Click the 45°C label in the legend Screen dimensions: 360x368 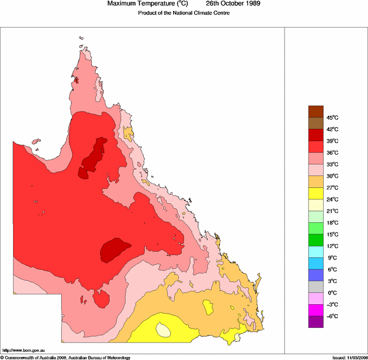coord(333,117)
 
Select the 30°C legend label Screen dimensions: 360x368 coord(333,176)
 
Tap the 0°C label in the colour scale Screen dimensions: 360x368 coord(333,293)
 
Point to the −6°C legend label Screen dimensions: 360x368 coord(333,316)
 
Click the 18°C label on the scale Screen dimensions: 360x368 coord(333,223)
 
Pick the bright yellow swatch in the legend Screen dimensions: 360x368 coord(316,193)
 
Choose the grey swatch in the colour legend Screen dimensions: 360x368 coord(316,287)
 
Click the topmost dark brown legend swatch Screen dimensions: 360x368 coord(316,111)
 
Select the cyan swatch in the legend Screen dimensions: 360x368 coord(316,252)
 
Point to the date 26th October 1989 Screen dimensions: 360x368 coord(233,4)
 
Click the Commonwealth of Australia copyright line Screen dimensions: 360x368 coord(66,357)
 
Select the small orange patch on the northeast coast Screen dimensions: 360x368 coord(128,133)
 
